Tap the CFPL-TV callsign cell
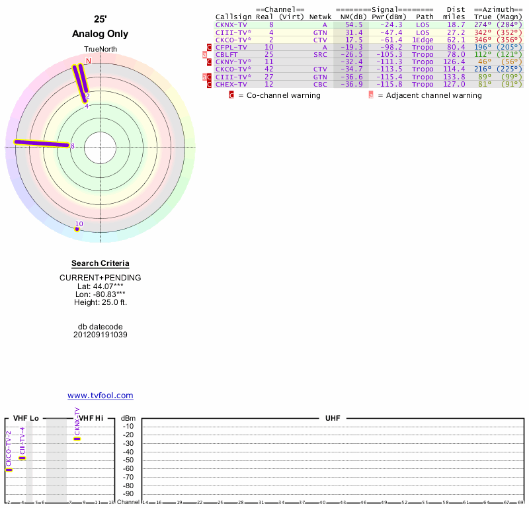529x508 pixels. pyautogui.click(x=231, y=48)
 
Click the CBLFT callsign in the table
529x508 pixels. pyautogui.click(x=228, y=55)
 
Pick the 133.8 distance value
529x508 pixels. pyautogui.click(x=454, y=77)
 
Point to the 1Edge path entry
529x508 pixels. pyautogui.click(x=423, y=40)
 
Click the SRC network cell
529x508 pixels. pyautogui.click(x=320, y=55)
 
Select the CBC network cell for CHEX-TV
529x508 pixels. pyautogui.click(x=320, y=84)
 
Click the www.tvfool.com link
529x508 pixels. pyautogui.click(x=101, y=396)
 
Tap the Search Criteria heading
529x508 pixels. pyautogui.click(x=101, y=263)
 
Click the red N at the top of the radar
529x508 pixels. pyautogui.click(x=89, y=61)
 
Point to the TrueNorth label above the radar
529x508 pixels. pyautogui.click(x=100, y=50)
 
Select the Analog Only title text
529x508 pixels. pyautogui.click(x=101, y=34)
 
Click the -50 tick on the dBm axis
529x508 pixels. pyautogui.click(x=128, y=460)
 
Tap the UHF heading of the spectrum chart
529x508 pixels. pyautogui.click(x=332, y=419)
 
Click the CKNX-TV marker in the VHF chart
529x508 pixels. pyautogui.click(x=77, y=438)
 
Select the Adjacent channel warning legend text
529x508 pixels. pyautogui.click(x=429, y=95)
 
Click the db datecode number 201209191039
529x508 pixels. pyautogui.click(x=101, y=335)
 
